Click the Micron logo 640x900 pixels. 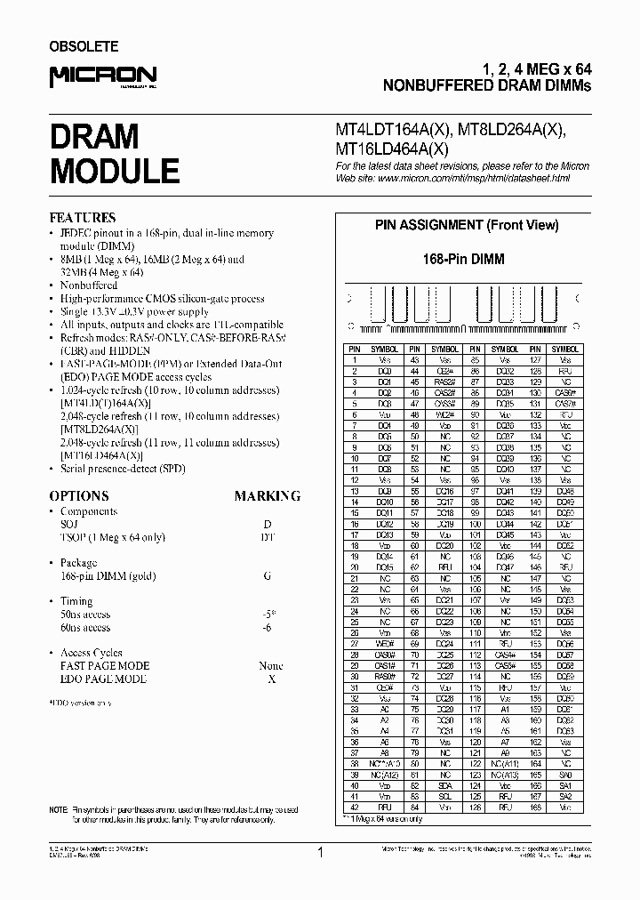[102, 77]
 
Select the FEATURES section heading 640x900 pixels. [82, 218]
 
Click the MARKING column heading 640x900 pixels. [267, 496]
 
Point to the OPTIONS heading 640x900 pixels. [79, 496]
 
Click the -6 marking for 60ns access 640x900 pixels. [267, 628]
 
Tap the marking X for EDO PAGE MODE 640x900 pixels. [270, 679]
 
